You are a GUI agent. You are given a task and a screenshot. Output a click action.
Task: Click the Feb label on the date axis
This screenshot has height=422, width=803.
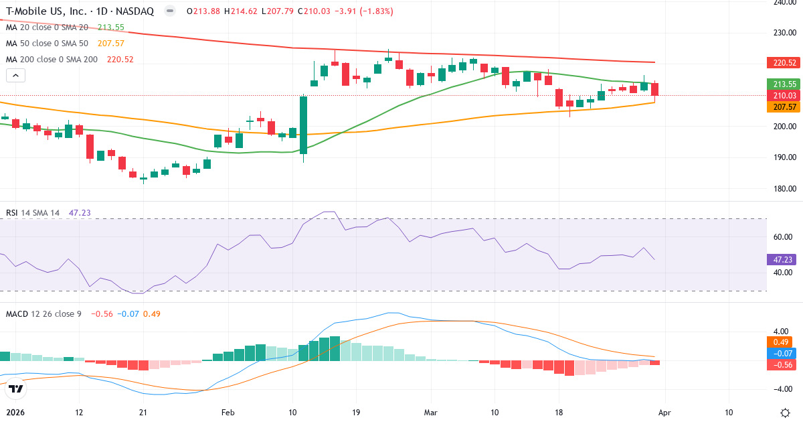pos(228,413)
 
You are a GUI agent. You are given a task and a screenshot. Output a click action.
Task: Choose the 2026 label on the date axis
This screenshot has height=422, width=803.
pos(14,413)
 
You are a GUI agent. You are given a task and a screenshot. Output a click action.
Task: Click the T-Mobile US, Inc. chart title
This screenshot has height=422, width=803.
pos(47,11)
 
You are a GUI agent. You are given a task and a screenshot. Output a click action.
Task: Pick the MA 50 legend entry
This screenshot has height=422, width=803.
pos(47,44)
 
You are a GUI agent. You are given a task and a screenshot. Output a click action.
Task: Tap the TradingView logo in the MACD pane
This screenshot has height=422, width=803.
pos(16,389)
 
